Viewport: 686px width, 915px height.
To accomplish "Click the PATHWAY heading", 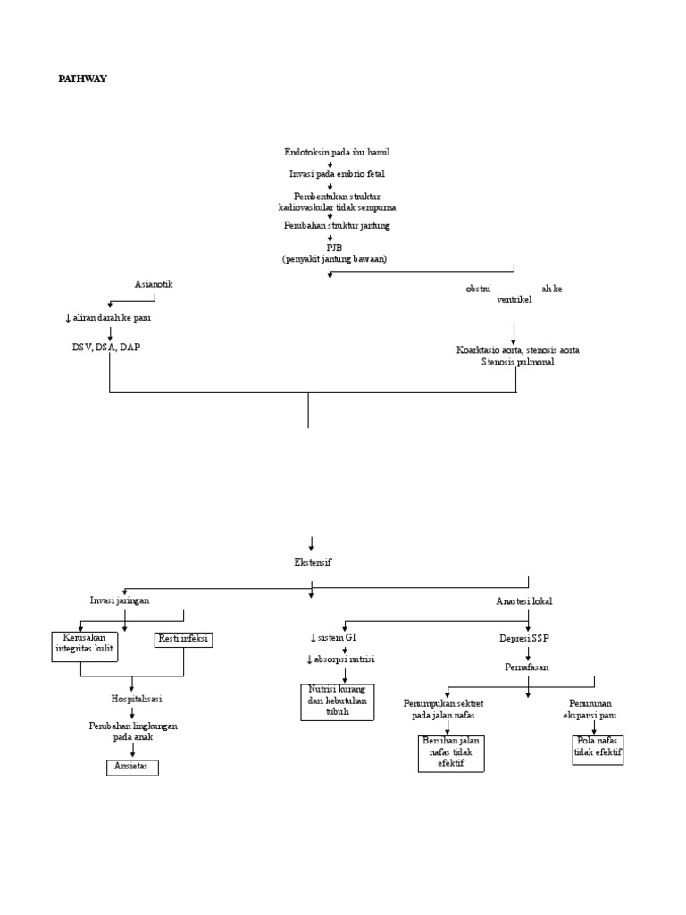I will (82, 79).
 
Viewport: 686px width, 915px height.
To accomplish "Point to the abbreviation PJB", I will (334, 247).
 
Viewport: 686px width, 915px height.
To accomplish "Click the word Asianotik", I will (154, 284).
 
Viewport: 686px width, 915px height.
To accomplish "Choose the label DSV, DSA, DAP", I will (106, 347).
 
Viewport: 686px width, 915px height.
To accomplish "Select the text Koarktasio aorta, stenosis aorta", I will (517, 350).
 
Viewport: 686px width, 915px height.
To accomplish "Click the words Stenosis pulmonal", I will (517, 363).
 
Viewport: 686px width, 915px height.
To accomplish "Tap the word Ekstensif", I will (311, 562).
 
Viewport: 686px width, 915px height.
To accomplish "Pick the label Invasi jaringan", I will (121, 600).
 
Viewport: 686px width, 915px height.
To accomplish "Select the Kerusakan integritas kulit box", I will (83, 645).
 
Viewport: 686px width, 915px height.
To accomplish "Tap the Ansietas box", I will (131, 767).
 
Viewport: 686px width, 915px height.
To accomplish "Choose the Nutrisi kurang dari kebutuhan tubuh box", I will (337, 701).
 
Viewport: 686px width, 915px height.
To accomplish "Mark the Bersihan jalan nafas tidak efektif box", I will (450, 752).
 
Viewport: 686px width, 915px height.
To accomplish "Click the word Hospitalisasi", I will (131, 699).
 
